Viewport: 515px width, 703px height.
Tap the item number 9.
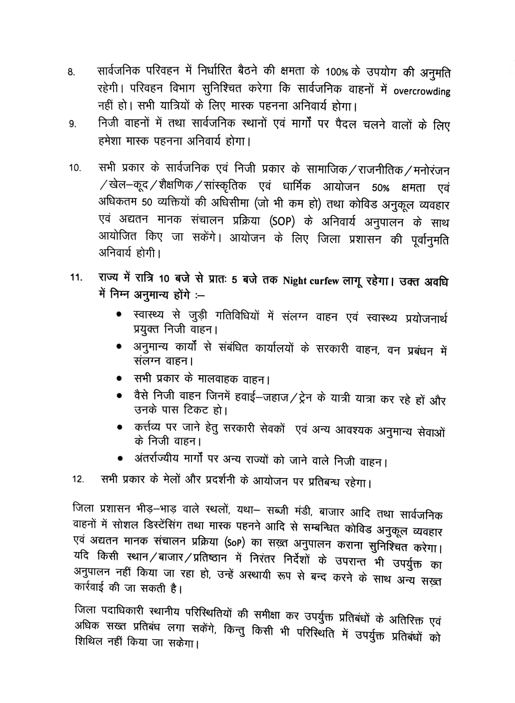[x=72, y=125]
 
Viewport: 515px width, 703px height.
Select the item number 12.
[x=78, y=479]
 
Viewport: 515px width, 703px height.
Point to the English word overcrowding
[x=421, y=92]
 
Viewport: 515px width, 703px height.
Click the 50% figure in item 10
[x=380, y=188]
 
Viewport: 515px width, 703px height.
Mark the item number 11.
[x=76, y=278]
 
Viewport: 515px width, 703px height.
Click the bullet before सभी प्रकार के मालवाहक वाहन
[x=119, y=378]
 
